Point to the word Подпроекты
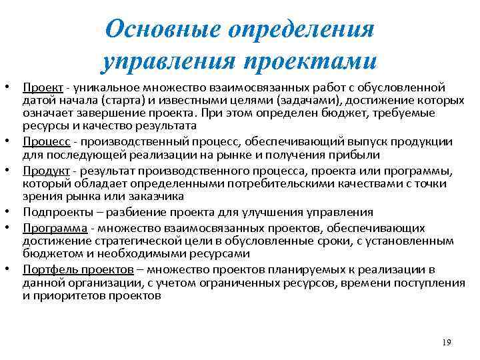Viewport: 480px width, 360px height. point(55,213)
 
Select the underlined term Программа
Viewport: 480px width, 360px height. point(54,228)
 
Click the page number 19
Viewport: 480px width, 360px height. point(446,342)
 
